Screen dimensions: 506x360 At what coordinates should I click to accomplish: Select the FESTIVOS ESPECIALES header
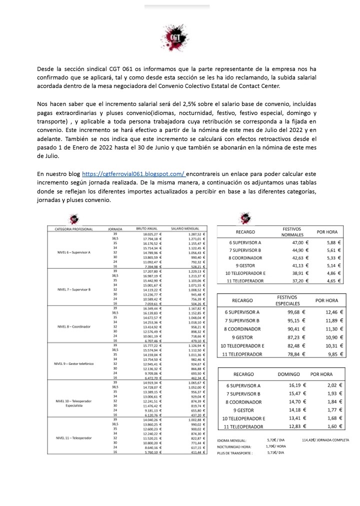point(292,301)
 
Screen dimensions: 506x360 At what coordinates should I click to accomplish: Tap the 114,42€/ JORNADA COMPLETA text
point(325,439)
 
